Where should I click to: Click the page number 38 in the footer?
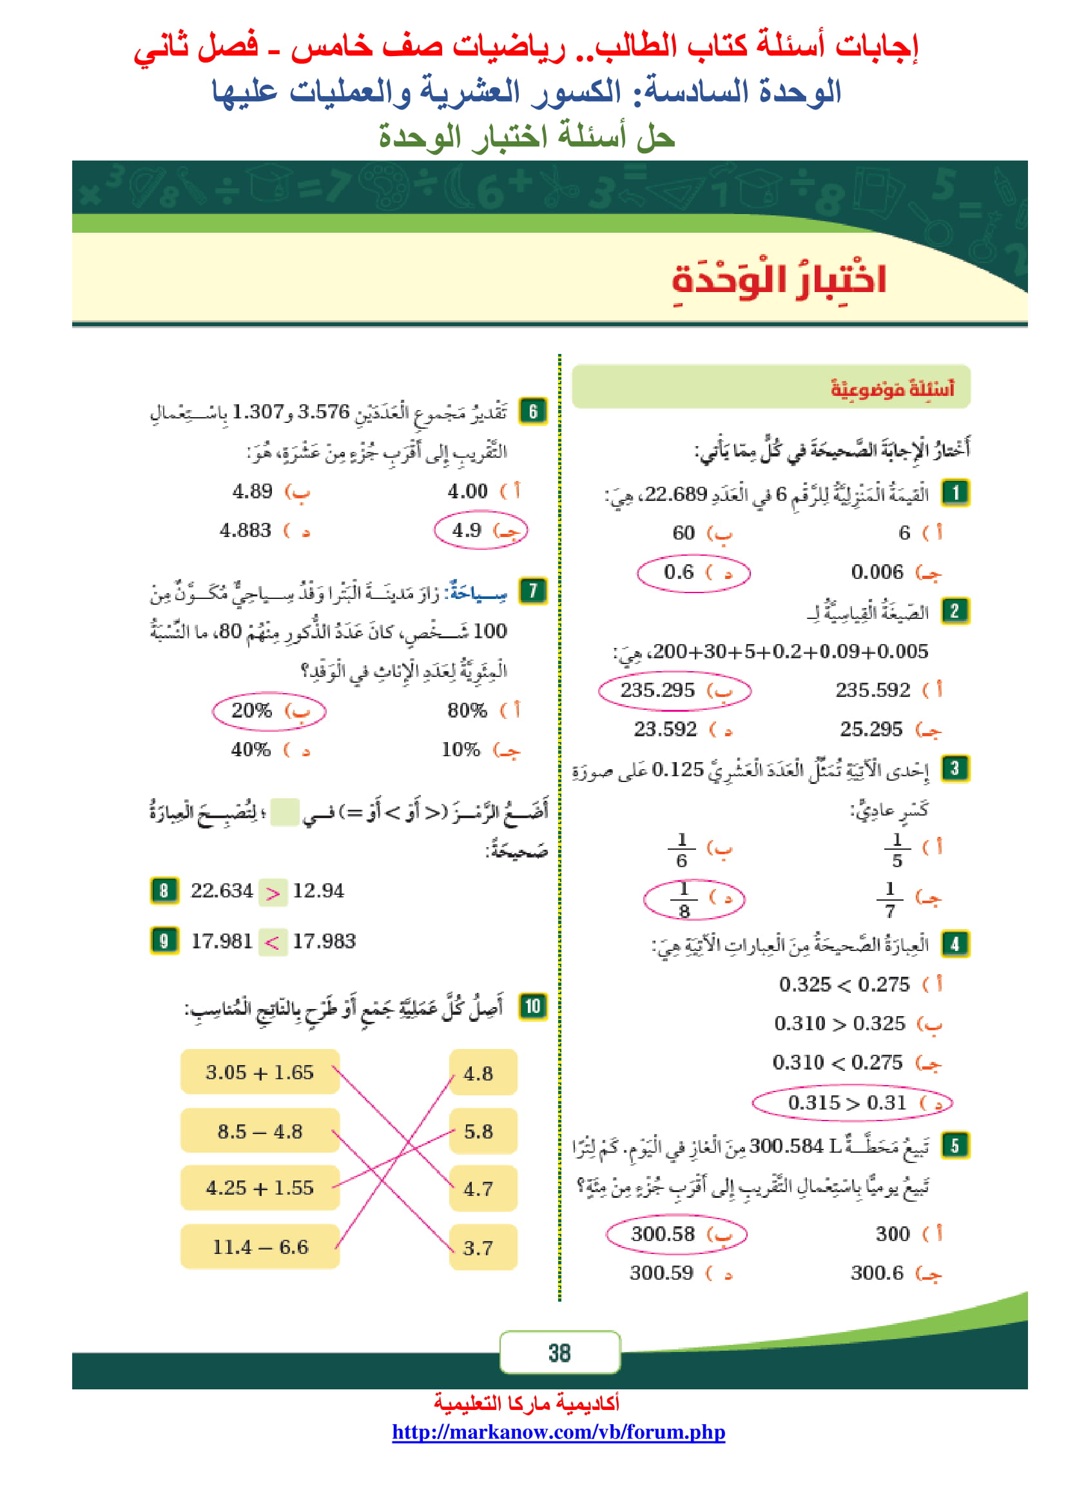tap(559, 1353)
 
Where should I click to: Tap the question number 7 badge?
tap(532, 591)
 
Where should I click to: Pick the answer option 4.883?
tap(246, 530)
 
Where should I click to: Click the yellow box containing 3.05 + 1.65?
tap(260, 1072)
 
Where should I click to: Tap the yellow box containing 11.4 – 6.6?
tap(260, 1247)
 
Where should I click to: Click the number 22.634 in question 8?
tap(221, 890)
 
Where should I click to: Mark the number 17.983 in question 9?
tap(324, 941)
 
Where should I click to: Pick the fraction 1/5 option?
tap(896, 850)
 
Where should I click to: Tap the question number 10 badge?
tap(532, 1006)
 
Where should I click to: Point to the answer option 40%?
tap(251, 749)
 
